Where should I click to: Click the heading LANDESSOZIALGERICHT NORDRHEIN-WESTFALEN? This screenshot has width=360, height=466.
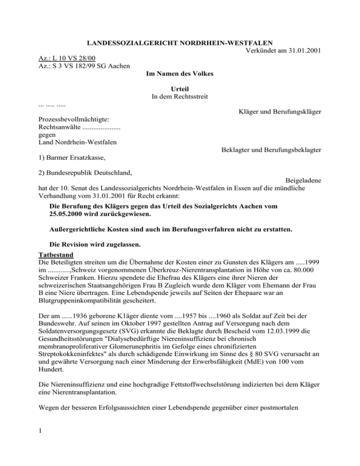point(180,44)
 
